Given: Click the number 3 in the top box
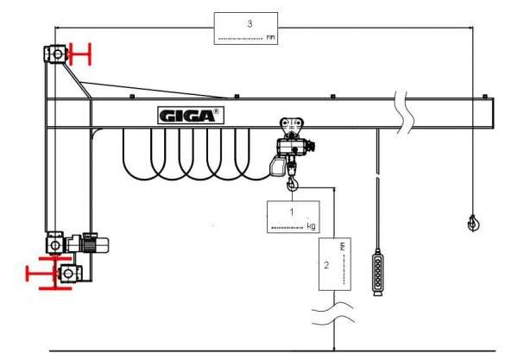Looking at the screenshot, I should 250,23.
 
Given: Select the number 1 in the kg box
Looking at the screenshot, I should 292,210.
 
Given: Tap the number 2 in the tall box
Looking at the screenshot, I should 326,264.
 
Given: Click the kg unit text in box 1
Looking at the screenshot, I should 311,226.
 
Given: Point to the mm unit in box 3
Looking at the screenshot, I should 271,37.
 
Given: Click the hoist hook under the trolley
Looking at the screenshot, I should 294,181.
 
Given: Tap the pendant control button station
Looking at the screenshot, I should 377,273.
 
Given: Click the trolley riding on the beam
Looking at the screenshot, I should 294,132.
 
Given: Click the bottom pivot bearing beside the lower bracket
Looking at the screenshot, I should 69,274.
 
